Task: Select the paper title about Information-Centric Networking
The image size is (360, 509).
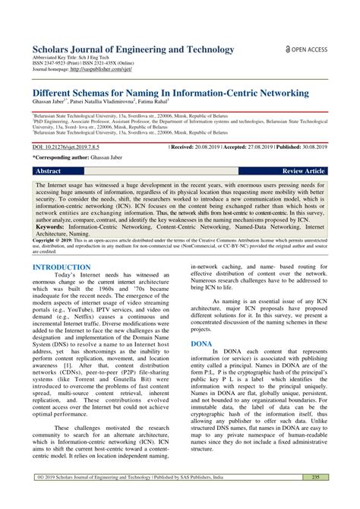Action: (x=171, y=93)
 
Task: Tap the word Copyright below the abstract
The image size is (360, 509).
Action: (x=46, y=240)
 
